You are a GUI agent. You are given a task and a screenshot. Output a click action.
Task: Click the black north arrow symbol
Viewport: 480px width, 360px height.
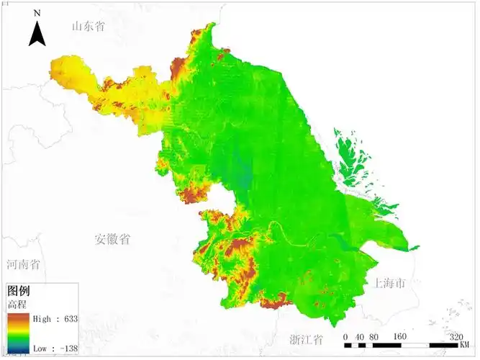[37, 33]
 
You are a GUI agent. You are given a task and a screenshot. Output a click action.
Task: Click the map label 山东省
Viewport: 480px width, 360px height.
[89, 27]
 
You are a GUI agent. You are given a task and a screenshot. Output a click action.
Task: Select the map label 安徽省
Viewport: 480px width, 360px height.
[113, 239]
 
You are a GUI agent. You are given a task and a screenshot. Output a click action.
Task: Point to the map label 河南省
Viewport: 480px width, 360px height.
[22, 265]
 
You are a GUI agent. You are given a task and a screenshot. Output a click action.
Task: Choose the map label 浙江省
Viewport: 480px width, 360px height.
[306, 339]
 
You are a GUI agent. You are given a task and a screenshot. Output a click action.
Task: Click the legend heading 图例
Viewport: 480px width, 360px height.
[18, 292]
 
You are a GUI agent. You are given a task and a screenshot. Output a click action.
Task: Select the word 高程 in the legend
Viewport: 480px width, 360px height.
[17, 305]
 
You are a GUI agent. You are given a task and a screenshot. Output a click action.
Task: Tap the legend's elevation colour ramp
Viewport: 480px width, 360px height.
[18, 333]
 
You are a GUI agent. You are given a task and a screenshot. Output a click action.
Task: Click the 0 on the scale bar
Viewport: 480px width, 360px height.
[345, 336]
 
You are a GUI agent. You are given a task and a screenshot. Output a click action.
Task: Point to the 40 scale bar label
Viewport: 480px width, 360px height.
[359, 336]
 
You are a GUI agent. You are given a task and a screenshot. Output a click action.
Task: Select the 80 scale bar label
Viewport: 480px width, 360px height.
[373, 336]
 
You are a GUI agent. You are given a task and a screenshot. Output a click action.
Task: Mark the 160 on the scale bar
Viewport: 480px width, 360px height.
[401, 336]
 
